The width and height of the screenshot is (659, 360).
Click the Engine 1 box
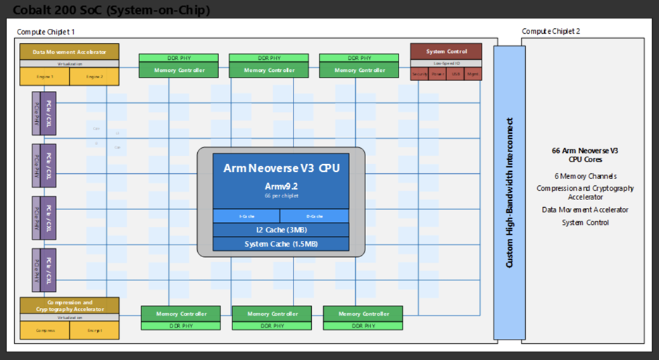tap(44, 76)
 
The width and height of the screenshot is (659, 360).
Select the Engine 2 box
tap(94, 76)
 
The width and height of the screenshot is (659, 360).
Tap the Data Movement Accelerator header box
tap(69, 51)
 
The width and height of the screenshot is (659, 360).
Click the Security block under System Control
tap(419, 73)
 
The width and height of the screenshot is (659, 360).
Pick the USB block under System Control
tap(456, 73)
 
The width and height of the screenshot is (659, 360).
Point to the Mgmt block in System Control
tap(473, 73)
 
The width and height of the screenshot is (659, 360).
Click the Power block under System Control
tap(437, 73)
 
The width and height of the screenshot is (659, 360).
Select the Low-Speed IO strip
tap(446, 63)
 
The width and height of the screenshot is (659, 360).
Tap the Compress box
tap(44, 330)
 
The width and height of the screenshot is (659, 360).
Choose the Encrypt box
tap(94, 330)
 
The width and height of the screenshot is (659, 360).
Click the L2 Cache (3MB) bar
tap(281, 230)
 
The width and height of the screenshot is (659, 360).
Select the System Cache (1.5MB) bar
tap(281, 244)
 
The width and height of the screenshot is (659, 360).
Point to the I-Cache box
tap(246, 216)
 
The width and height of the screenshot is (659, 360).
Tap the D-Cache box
tap(315, 216)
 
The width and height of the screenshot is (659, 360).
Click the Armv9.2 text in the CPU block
tap(281, 185)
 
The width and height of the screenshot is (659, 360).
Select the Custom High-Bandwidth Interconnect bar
tap(509, 193)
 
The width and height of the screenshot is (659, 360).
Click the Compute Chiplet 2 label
tap(551, 32)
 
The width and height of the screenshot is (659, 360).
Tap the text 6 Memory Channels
tap(586, 176)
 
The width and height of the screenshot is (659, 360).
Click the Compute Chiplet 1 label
tap(46, 32)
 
